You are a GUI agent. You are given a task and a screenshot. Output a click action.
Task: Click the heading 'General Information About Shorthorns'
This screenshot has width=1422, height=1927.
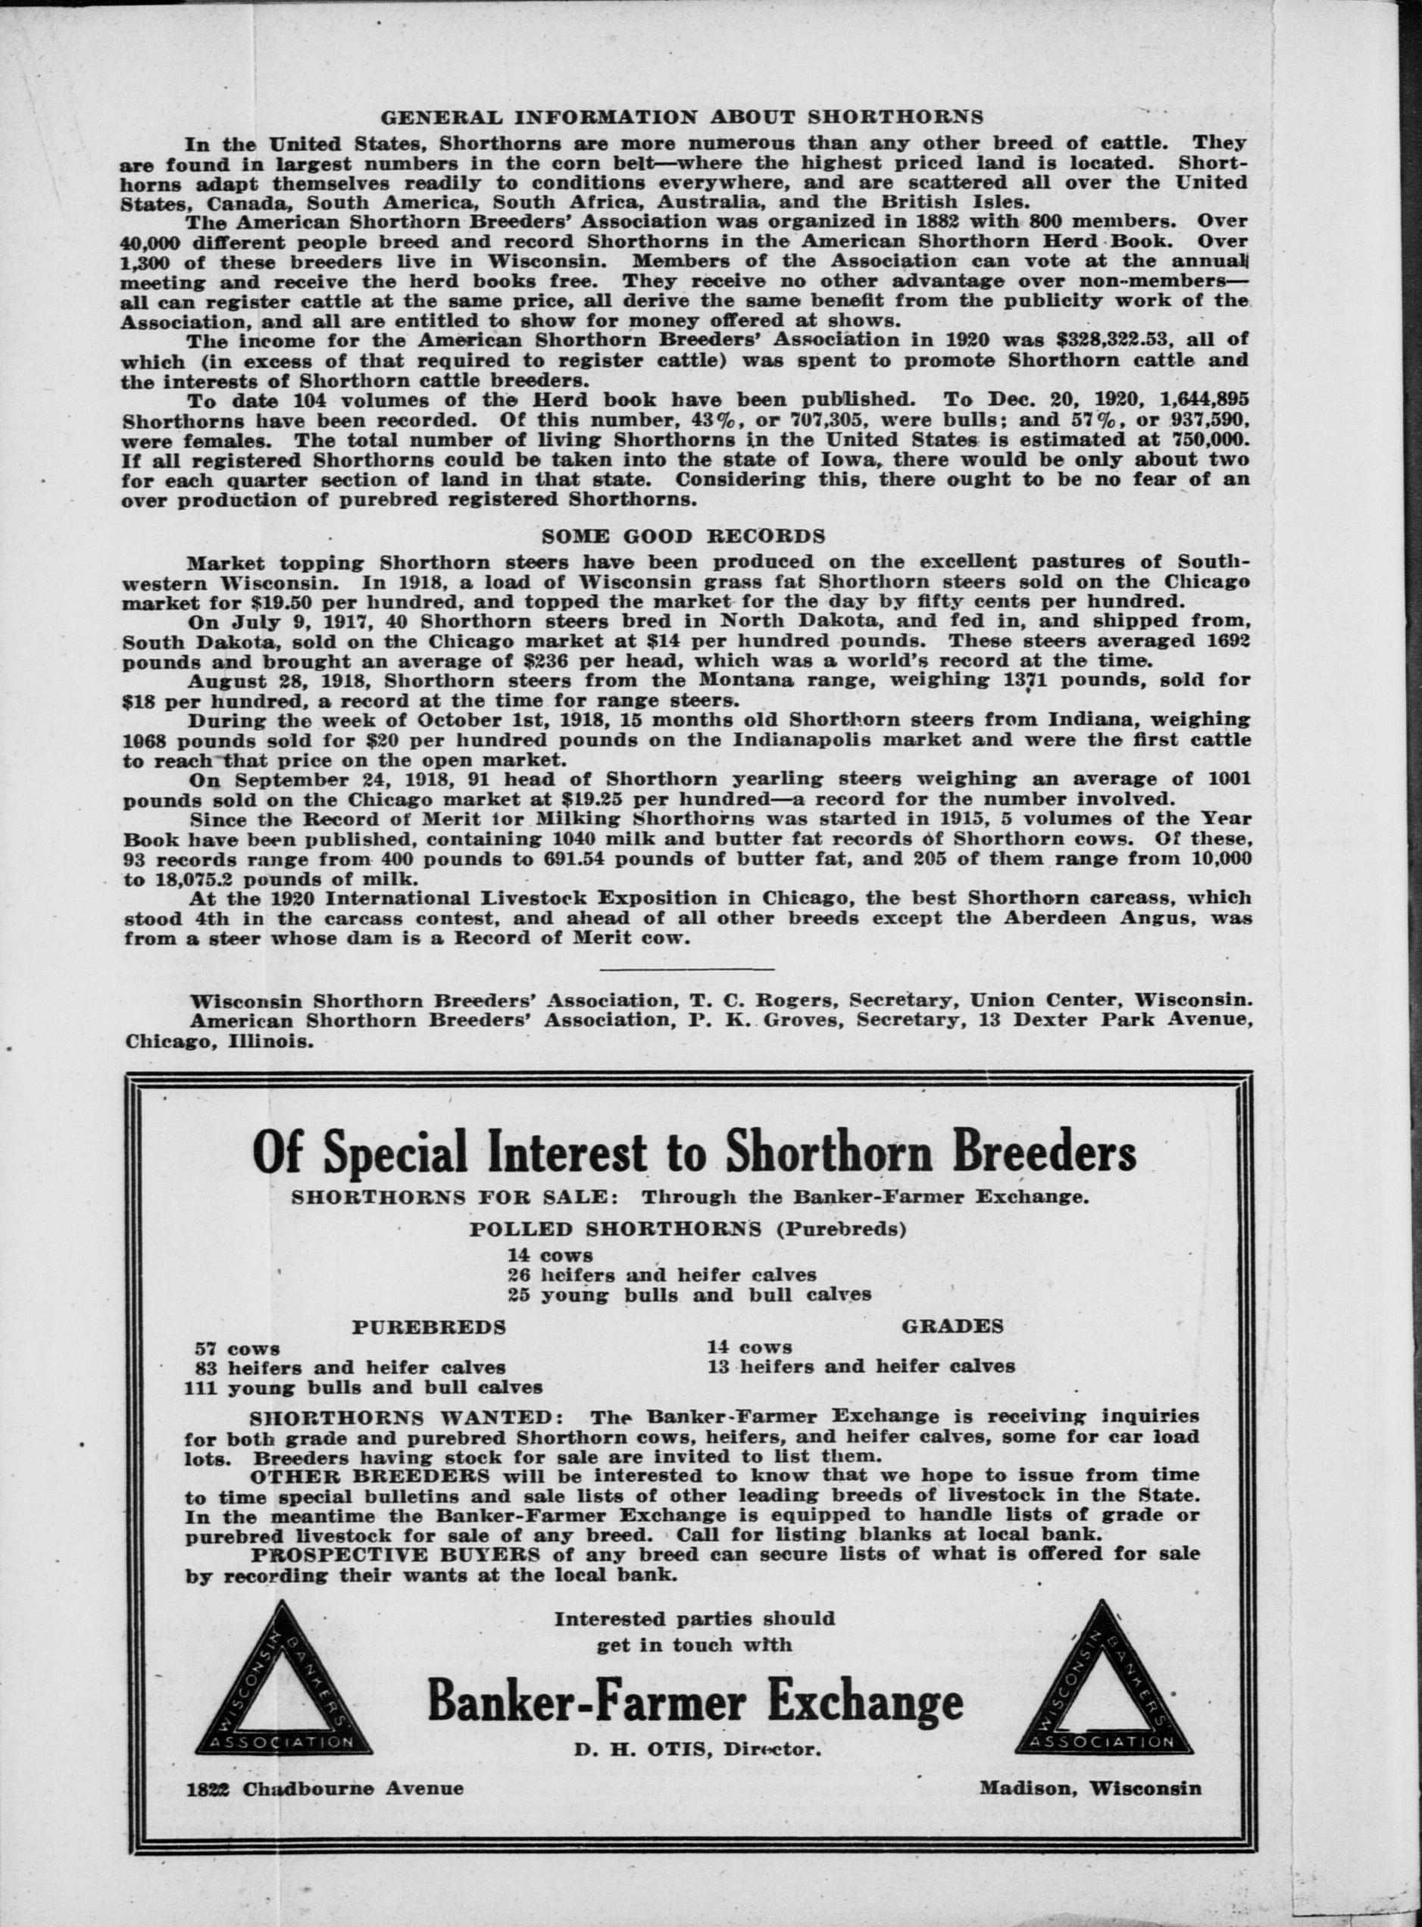682,116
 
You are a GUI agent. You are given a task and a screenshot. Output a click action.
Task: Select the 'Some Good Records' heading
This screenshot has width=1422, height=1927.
683,536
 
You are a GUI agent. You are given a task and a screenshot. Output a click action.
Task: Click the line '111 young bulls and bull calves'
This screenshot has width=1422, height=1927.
362,1388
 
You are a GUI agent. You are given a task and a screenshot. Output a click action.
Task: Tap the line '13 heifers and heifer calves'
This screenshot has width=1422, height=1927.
861,1366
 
